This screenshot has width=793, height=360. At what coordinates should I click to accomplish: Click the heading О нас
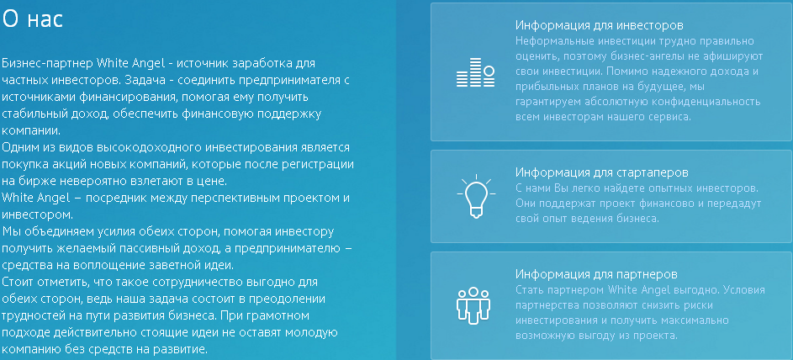pos(32,19)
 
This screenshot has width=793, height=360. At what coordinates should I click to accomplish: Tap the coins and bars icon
pos(475,72)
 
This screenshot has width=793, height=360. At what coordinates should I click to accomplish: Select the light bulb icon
pos(476,196)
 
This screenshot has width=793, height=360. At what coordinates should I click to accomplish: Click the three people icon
pos(473,304)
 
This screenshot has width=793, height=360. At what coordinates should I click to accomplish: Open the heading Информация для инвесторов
pos(600,25)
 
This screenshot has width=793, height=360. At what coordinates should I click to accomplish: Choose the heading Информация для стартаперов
pos(602,172)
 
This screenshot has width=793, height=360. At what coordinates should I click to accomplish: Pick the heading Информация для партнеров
pos(596,274)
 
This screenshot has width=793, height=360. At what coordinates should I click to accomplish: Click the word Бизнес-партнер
pos(48,64)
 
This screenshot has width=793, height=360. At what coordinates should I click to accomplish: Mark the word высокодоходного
pos(150,148)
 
